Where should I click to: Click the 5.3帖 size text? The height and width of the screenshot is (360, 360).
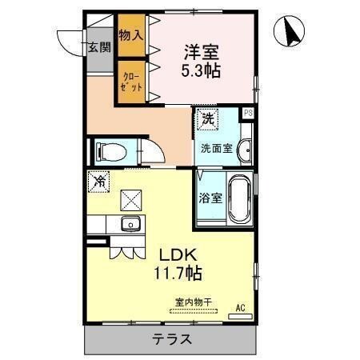(201, 70)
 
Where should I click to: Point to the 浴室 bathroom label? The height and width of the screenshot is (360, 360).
(210, 198)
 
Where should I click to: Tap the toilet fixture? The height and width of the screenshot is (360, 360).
(109, 152)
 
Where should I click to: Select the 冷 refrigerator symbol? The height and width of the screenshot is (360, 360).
(99, 183)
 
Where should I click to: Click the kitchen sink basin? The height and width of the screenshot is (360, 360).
(129, 223)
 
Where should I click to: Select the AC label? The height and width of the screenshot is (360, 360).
(240, 307)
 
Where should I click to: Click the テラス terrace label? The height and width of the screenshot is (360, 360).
(171, 339)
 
